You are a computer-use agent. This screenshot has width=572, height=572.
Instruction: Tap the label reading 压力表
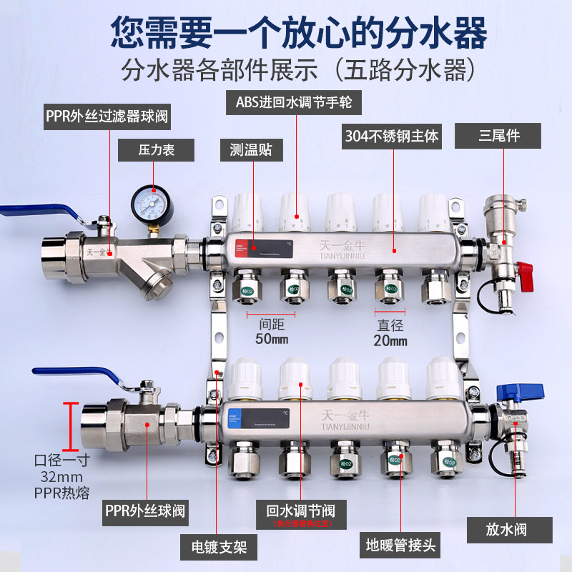(157, 150)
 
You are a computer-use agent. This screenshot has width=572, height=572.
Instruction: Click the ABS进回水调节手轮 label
(294, 102)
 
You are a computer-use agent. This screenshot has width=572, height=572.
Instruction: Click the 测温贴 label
(251, 150)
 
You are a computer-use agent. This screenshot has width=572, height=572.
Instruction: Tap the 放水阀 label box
(509, 530)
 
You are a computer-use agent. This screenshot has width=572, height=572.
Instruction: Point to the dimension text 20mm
(390, 340)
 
